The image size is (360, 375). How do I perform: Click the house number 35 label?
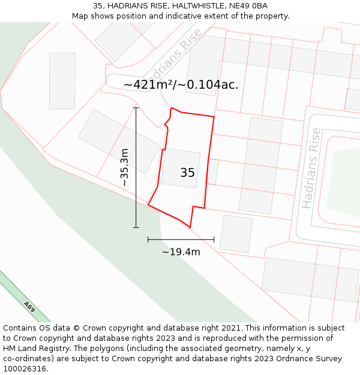187,173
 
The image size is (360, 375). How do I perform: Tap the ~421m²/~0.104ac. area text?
181,85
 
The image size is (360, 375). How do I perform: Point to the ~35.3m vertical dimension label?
124,167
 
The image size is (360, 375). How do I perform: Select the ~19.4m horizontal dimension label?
181,252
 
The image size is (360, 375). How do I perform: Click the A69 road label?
29,307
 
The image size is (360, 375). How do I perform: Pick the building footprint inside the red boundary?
180,168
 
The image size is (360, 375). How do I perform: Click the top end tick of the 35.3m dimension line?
136,108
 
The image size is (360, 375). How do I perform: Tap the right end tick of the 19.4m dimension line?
214,239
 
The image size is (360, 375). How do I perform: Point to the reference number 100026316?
25,369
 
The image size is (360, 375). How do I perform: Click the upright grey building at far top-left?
62,80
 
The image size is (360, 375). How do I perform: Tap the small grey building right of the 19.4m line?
236,233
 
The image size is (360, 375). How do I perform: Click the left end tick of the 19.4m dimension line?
148,239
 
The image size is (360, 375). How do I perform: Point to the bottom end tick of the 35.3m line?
136,227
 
